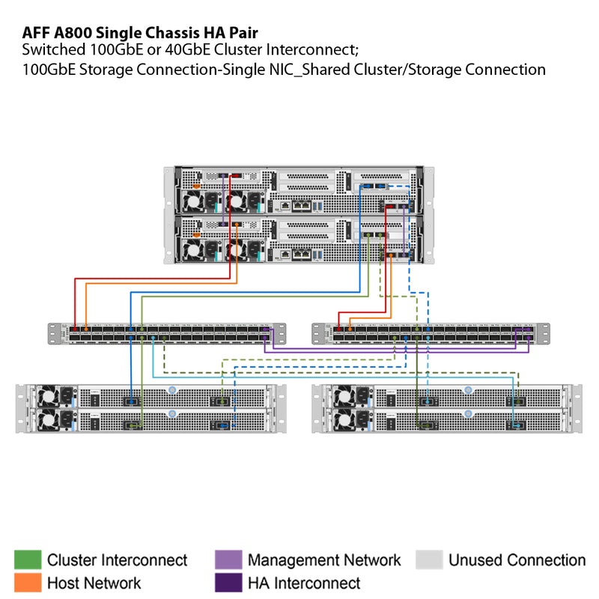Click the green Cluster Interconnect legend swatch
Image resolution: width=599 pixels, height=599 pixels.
27,560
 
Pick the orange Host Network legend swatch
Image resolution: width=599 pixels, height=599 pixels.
27,583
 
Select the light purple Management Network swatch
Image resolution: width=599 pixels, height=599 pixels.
228,560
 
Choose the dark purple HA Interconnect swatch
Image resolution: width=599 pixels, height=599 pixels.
228,583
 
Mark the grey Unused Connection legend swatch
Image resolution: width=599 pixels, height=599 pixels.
430,560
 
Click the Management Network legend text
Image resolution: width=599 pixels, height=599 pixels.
324,560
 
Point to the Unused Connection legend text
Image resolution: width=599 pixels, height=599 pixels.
517,560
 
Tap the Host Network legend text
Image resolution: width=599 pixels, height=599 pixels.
94,583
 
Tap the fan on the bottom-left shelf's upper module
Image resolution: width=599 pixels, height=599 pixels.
49,395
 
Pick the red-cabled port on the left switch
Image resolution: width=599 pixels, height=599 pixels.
75,329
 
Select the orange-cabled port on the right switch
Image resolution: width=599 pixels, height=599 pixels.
350,329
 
